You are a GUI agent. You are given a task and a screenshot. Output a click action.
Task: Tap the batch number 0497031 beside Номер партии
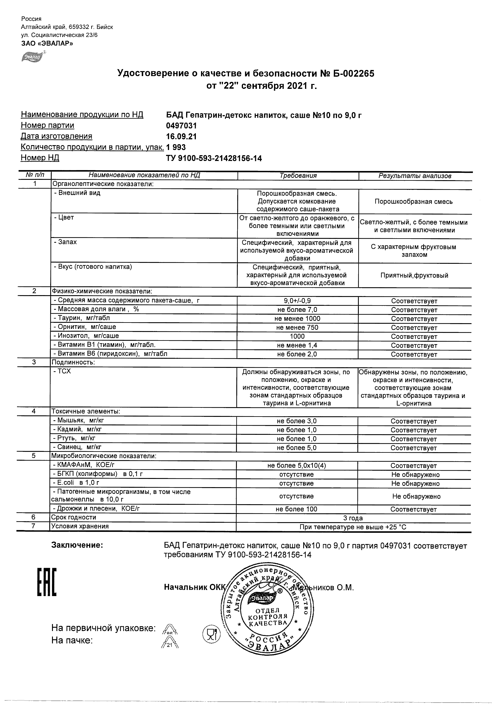point(181,126)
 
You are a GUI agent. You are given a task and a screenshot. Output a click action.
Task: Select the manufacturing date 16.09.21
point(181,136)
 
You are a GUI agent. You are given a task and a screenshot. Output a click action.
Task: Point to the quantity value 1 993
point(176,147)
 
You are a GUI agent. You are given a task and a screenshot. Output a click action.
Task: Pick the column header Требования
point(298,176)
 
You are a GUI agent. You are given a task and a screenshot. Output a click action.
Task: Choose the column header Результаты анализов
point(415,176)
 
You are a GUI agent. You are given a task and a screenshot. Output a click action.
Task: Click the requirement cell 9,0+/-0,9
point(297,301)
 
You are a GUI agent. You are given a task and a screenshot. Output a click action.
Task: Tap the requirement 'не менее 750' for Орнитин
point(297,327)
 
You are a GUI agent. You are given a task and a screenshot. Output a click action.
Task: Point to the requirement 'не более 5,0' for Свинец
point(297,448)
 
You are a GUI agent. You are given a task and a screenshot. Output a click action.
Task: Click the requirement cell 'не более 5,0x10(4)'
point(297,466)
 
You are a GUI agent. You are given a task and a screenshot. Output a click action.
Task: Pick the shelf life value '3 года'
point(353,518)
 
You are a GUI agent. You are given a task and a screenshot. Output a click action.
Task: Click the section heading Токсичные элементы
point(85,411)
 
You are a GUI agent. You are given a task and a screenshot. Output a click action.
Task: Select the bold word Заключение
point(77,546)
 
